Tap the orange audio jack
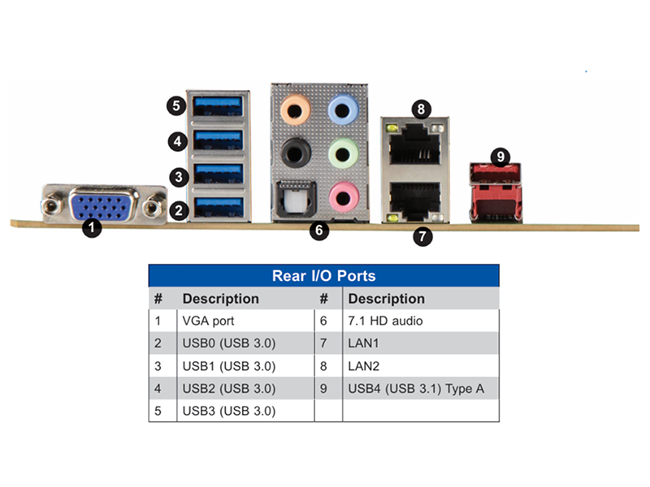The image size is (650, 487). point(295,110)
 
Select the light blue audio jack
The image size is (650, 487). point(343,110)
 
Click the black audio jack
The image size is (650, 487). point(295,153)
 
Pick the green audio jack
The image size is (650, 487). point(343,154)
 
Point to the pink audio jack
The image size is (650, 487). point(344,197)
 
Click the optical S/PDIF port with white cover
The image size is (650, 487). point(296,199)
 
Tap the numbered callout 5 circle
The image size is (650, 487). point(176,106)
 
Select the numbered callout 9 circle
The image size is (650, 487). point(500,157)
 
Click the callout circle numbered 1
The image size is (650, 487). point(92,227)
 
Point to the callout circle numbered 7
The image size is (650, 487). point(422,236)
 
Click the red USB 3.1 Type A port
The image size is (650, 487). point(496,193)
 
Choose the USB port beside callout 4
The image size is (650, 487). point(218,140)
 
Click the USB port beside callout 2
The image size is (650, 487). point(218,208)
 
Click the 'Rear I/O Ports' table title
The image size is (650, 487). point(323,276)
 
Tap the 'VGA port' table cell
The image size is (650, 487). point(208,321)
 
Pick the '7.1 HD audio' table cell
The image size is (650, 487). point(385,321)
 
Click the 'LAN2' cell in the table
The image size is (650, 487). point(363,366)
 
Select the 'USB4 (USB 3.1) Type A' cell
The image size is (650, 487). point(416,389)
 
